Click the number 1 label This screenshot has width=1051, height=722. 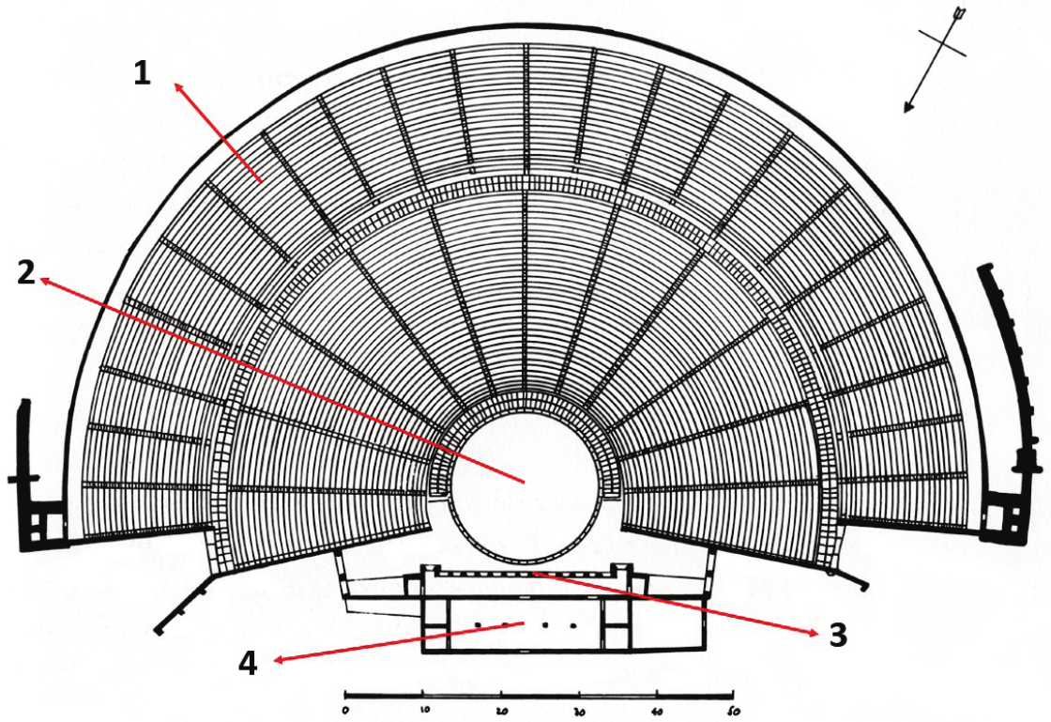142,72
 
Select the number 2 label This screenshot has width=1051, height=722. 26,273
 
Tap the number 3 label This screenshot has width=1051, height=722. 837,636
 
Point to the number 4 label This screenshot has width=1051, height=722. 248,664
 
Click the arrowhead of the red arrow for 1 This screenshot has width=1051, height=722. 176,84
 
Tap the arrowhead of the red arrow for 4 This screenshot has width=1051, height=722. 273,661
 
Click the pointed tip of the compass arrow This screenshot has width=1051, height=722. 906,111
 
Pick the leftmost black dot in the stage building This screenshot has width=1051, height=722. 478,623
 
